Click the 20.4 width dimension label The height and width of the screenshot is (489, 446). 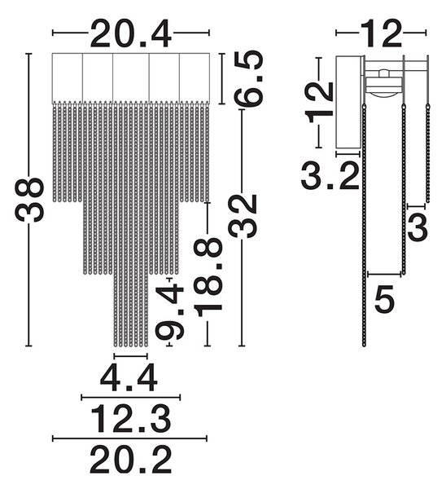pos(131,33)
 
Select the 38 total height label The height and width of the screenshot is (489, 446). pos(30,200)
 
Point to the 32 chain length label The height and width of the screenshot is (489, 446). pos(243,216)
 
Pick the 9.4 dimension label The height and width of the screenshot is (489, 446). pos(170,311)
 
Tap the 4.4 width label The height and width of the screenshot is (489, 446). pos(129,377)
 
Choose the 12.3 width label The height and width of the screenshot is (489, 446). pos(131,419)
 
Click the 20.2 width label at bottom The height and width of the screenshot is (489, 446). pos(131,460)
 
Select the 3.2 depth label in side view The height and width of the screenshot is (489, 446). pos(330,175)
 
